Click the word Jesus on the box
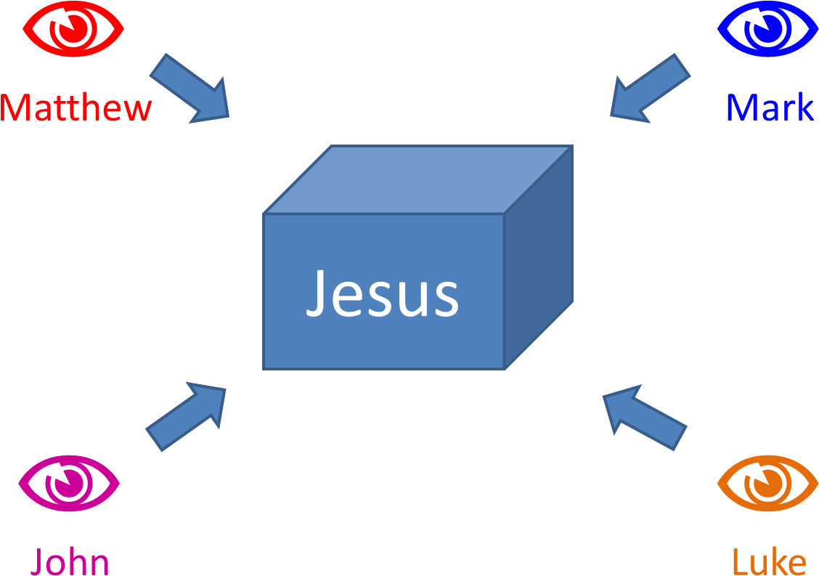[x=383, y=293]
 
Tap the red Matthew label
[x=76, y=108]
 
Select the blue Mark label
[x=770, y=108]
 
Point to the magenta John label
[x=69, y=561]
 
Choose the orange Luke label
[x=769, y=561]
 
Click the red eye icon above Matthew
[x=73, y=29]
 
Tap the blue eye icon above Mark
[x=767, y=29]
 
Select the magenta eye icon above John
[x=69, y=482]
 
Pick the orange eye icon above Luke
[x=767, y=482]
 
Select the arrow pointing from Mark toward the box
[x=648, y=88]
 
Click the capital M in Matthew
[x=16, y=108]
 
